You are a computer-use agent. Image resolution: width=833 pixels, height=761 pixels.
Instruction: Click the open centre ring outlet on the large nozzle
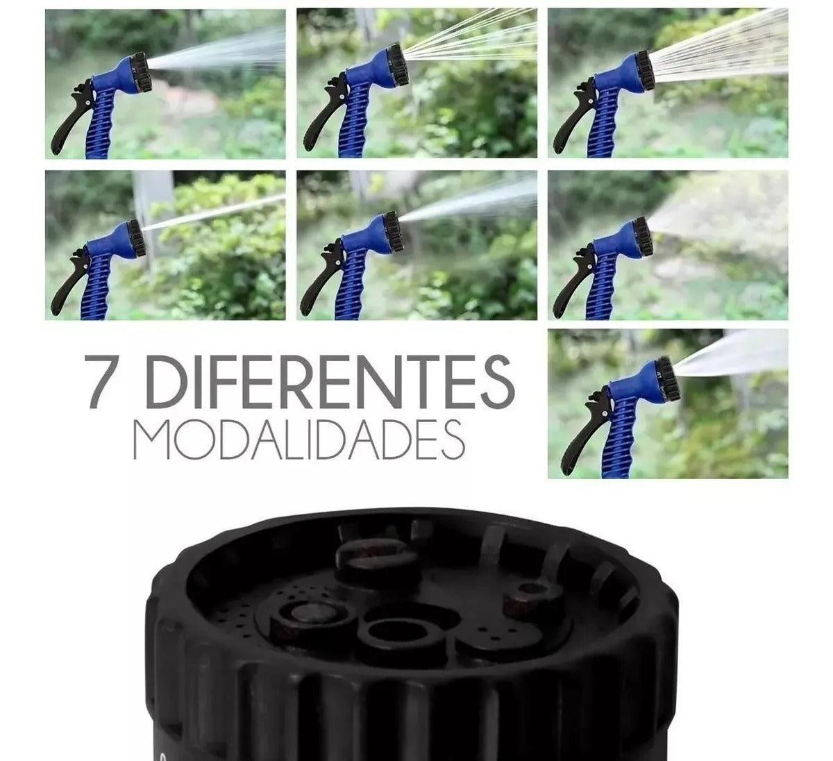click(393, 633)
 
